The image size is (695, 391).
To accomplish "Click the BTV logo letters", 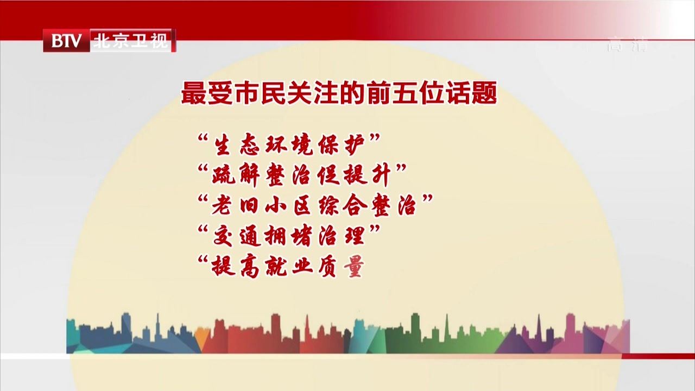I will pyautogui.click(x=66, y=41).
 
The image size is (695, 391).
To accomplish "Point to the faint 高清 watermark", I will pyautogui.click(x=627, y=45).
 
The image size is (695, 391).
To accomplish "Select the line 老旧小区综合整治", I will pyautogui.click(x=315, y=207).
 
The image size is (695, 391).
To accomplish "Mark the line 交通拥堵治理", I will pyautogui.click(x=288, y=237).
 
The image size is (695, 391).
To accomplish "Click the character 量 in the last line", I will pyautogui.click(x=353, y=267).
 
